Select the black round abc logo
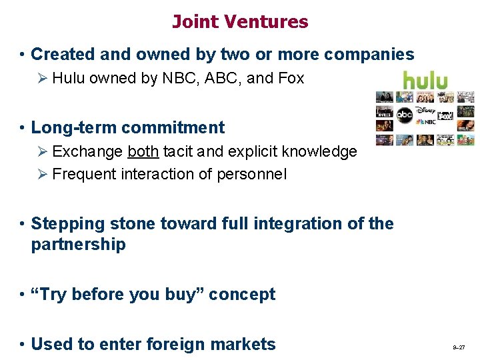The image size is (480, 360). [x=405, y=115]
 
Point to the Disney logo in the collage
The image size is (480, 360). [x=425, y=110]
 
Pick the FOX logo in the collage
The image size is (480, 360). [x=445, y=116]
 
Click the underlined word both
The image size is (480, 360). [x=143, y=151]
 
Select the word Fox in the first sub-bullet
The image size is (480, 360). [x=291, y=78]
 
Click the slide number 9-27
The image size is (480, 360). [x=459, y=348]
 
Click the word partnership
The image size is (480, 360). [x=78, y=244]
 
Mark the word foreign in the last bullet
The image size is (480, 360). [x=171, y=344]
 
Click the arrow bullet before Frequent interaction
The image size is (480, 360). [x=43, y=175]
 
